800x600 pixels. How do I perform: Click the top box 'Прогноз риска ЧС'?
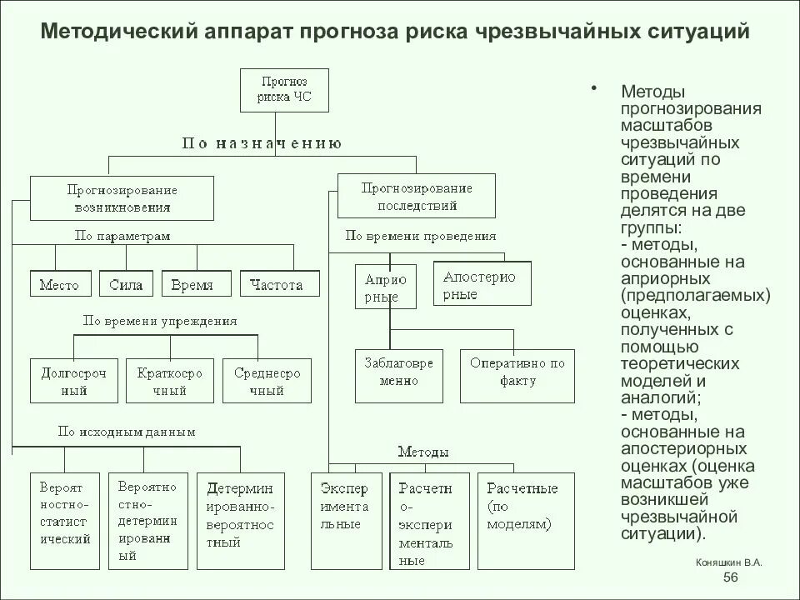(x=286, y=90)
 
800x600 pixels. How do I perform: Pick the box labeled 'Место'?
(x=59, y=284)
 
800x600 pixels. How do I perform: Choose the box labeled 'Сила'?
(x=126, y=284)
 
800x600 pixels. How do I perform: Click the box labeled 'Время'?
(x=192, y=284)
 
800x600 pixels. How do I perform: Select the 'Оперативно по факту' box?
(x=517, y=372)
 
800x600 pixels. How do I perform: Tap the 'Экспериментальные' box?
(x=345, y=521)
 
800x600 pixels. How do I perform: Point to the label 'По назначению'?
(x=262, y=142)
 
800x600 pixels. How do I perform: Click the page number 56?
(x=730, y=578)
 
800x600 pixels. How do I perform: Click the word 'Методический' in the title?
(x=117, y=32)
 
